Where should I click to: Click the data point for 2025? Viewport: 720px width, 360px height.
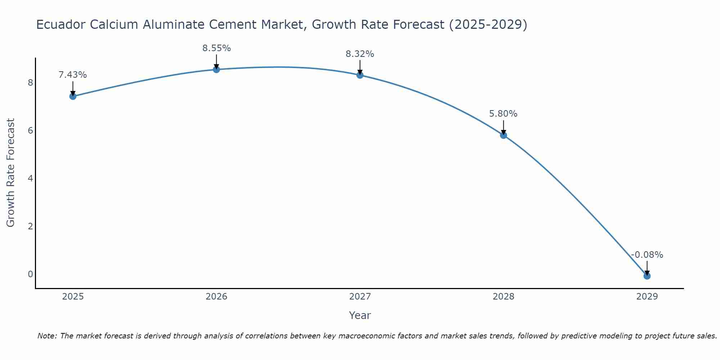click(73, 96)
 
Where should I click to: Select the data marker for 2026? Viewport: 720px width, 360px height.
click(216, 69)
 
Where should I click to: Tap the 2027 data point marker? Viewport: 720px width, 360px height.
click(360, 75)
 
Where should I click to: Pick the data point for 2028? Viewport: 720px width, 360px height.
click(503, 135)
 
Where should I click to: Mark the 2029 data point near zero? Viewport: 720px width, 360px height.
click(647, 276)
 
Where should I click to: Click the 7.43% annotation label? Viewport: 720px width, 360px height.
click(73, 75)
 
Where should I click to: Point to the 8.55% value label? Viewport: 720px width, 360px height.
click(216, 48)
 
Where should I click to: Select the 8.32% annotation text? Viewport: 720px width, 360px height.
click(360, 54)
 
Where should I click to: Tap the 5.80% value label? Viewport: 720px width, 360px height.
click(503, 114)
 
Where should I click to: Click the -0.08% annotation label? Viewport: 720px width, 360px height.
click(647, 255)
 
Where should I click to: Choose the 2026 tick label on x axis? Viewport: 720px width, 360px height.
click(216, 297)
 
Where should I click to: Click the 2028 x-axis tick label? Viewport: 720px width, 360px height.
click(503, 297)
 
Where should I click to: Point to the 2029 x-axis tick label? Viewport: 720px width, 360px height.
click(647, 297)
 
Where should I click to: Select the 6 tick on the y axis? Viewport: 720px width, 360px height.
click(30, 131)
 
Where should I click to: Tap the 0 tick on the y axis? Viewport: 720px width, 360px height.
click(30, 274)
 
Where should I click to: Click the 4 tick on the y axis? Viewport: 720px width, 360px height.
click(30, 179)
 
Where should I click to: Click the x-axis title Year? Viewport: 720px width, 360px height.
click(360, 315)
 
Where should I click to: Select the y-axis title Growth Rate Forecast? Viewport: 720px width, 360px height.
click(11, 173)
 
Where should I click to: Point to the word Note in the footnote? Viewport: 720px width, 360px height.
click(47, 336)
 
